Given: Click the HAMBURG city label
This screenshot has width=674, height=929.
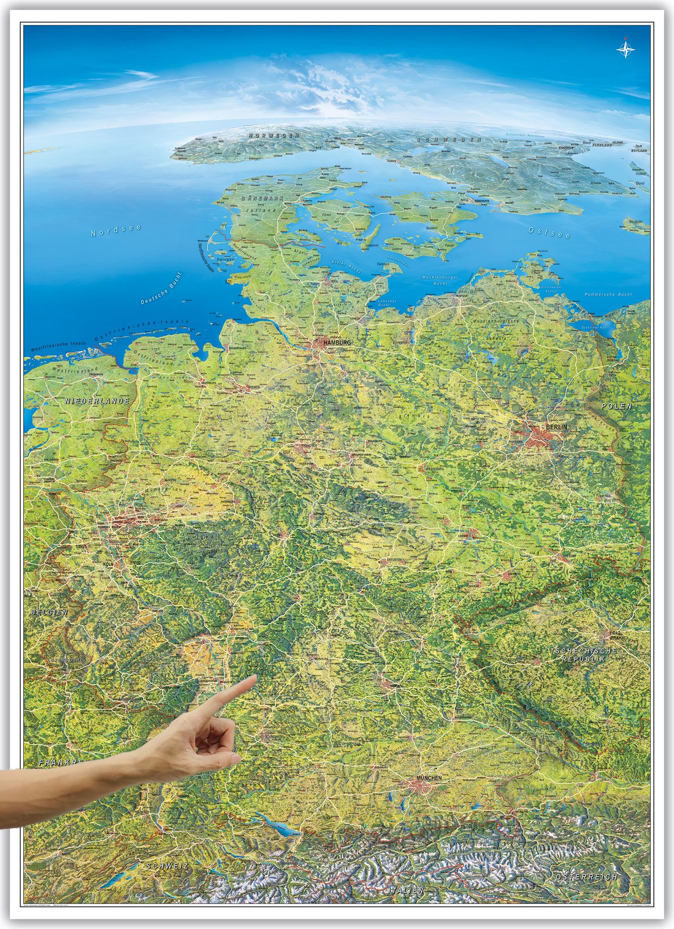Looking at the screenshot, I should pyautogui.click(x=337, y=342).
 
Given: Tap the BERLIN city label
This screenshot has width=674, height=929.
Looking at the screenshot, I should pyautogui.click(x=557, y=427).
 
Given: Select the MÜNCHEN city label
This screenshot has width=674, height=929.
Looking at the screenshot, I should pyautogui.click(x=429, y=778).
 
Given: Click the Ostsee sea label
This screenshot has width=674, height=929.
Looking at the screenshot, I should pyautogui.click(x=550, y=232).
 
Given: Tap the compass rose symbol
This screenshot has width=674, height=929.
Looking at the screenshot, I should pyautogui.click(x=626, y=49).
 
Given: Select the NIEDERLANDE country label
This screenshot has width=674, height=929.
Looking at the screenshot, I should pyautogui.click(x=97, y=401).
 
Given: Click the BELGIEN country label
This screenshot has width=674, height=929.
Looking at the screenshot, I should pyautogui.click(x=50, y=612).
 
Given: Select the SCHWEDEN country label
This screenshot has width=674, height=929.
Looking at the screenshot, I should pyautogui.click(x=448, y=139).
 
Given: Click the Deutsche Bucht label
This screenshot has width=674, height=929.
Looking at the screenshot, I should pyautogui.click(x=161, y=288).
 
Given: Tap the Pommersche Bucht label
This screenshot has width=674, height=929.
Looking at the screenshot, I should pyautogui.click(x=608, y=294).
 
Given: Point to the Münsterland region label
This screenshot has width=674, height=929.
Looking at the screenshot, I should pyautogui.click(x=165, y=491).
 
